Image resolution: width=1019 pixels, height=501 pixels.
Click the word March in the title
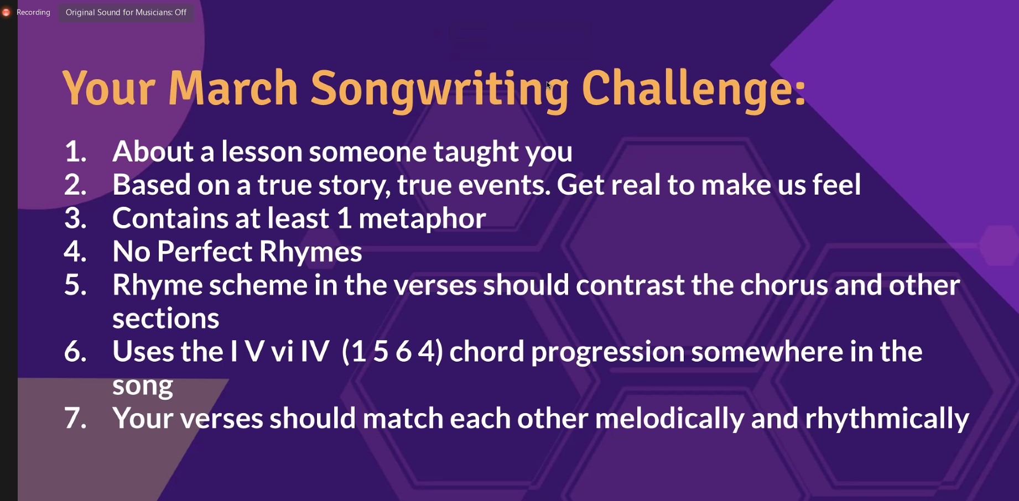233,88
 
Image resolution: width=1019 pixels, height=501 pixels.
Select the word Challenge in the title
689,88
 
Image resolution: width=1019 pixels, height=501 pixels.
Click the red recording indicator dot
6,12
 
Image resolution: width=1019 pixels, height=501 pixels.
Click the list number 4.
75,252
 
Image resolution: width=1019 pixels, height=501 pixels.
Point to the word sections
166,319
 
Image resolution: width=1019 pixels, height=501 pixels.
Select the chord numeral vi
282,352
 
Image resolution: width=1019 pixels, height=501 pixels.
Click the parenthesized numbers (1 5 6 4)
393,352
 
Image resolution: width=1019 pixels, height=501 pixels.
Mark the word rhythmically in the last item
887,419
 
